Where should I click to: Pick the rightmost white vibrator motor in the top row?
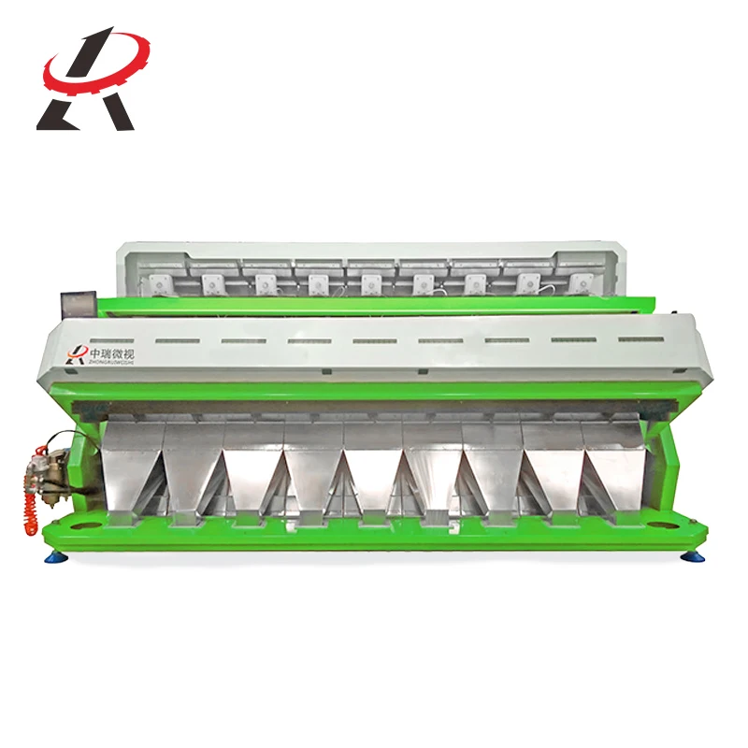pyautogui.click(x=582, y=281)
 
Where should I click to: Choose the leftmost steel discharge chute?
pyautogui.click(x=135, y=463)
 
